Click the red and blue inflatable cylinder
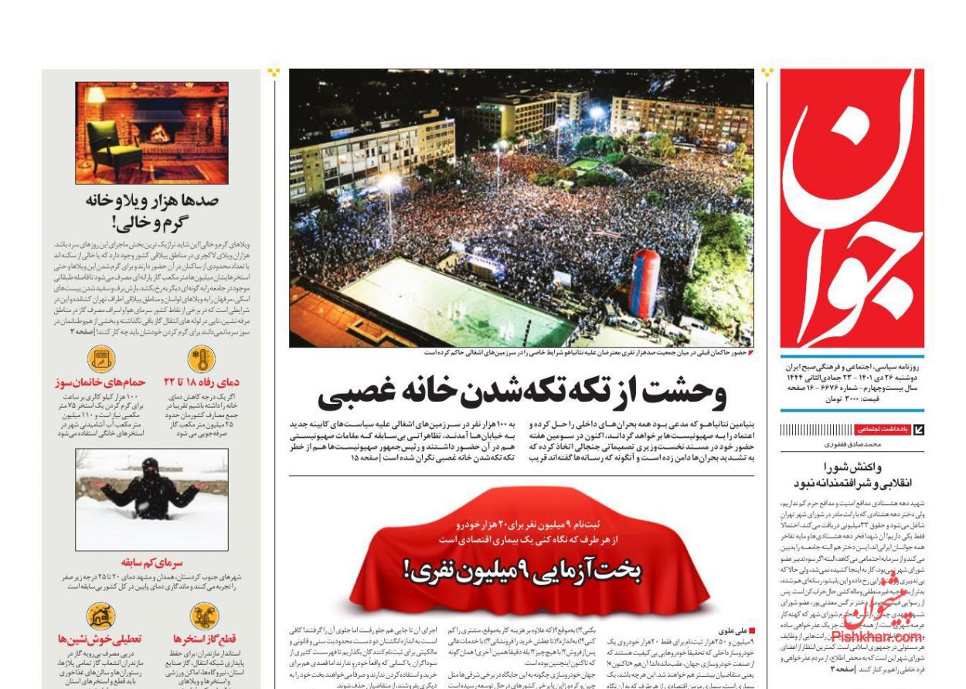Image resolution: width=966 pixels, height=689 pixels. pos(645,283)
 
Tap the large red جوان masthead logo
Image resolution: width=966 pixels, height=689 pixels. pos(852,209)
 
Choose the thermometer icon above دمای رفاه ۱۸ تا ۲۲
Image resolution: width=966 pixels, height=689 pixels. pos(201,360)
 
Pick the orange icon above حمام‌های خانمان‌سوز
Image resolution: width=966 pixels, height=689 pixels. pos(101,360)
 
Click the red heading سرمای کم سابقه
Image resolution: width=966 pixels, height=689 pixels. pos(152,562)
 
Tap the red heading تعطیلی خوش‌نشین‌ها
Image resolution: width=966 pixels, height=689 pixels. pos(100,639)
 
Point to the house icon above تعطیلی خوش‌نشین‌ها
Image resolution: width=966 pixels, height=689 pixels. pos(100,616)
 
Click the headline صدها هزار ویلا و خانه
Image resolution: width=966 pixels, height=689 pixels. pos(152,201)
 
